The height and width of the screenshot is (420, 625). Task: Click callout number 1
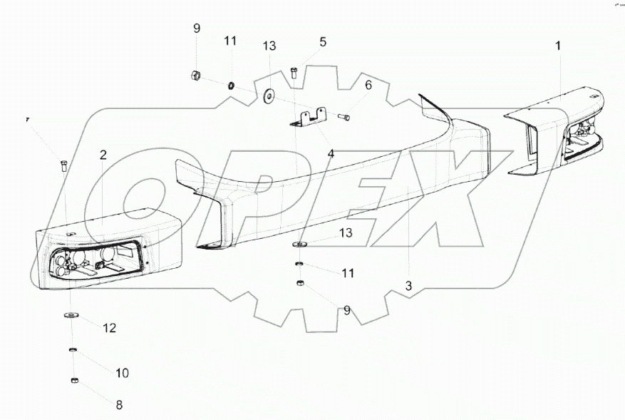tap(558, 45)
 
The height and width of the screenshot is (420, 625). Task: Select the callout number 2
tap(103, 155)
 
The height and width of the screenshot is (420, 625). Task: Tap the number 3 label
tap(408, 287)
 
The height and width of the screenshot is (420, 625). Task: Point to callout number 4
tap(330, 153)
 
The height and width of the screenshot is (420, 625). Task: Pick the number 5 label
tap(322, 42)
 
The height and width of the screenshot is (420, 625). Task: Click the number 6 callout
tap(368, 86)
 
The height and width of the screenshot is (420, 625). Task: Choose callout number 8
tap(119, 404)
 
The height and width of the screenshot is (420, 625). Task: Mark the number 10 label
tap(122, 373)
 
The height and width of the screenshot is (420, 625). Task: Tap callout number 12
tap(109, 328)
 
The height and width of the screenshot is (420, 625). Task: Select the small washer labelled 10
tap(73, 350)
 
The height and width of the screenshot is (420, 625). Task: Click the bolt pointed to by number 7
tap(63, 166)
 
